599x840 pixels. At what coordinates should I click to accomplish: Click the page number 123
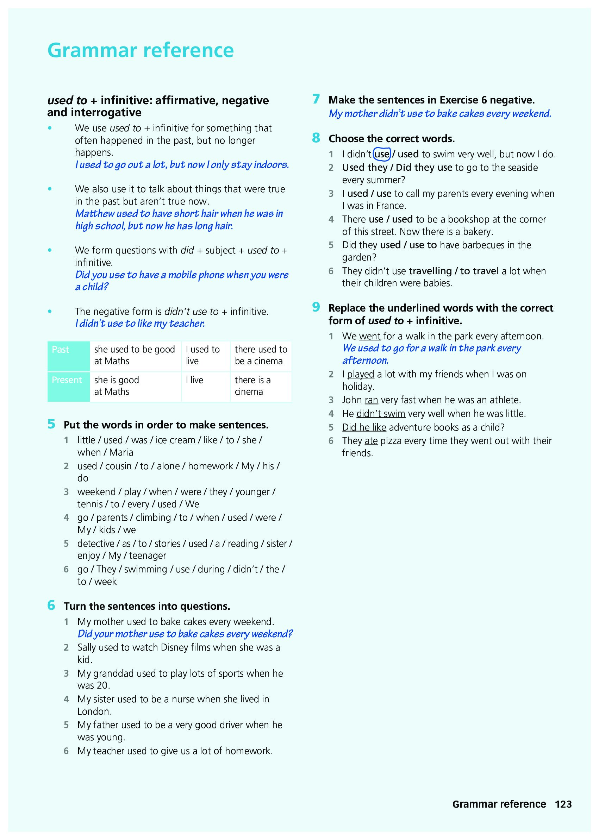[563, 804]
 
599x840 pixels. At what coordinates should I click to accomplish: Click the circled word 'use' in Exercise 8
[382, 154]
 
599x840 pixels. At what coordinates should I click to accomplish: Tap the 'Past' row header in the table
[61, 350]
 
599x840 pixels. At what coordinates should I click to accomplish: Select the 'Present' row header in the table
[67, 380]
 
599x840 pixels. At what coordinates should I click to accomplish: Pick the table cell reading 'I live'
[194, 380]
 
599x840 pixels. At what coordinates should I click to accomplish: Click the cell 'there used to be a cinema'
[261, 356]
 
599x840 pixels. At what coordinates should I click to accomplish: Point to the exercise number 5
[51, 424]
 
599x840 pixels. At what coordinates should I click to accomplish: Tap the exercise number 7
[316, 99]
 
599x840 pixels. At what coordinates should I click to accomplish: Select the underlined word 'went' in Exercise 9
[370, 336]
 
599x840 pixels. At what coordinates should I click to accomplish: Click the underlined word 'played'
[360, 374]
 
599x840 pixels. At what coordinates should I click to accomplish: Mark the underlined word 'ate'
[371, 441]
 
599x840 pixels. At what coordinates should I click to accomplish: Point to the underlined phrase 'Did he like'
[364, 427]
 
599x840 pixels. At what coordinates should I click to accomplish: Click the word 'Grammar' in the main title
[92, 50]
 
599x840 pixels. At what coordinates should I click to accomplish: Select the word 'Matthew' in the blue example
[95, 214]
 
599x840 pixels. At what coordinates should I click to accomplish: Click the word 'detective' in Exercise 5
[95, 544]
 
